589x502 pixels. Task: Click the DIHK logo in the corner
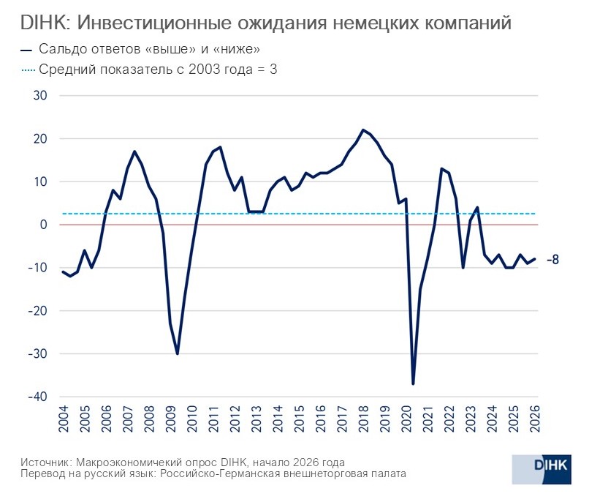click(541, 468)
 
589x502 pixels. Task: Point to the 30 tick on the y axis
click(39, 96)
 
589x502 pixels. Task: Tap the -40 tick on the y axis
click(36, 397)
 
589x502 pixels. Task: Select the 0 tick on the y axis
click(42, 225)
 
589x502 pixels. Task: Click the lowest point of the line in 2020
click(414, 383)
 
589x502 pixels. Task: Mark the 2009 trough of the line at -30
click(178, 353)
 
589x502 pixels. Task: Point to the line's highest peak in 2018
click(364, 130)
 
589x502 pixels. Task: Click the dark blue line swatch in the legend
click(27, 50)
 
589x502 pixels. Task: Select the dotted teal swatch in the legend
click(27, 70)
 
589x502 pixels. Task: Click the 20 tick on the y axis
click(39, 139)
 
